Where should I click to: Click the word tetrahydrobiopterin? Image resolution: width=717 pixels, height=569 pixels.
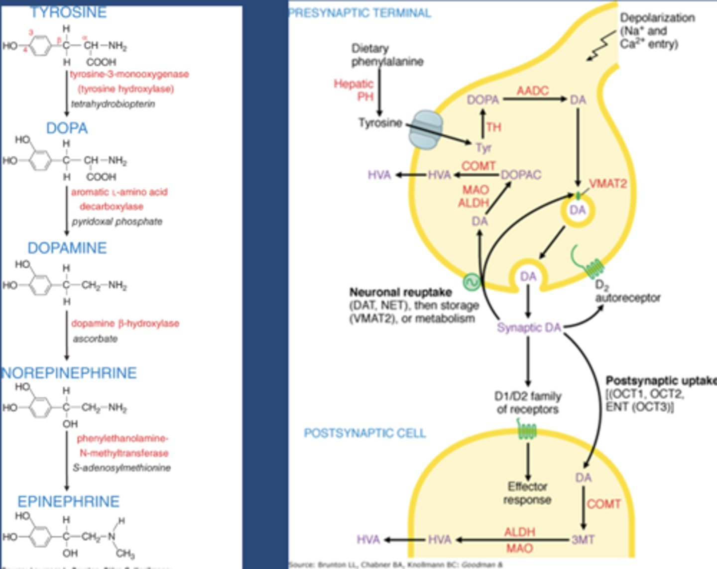113,104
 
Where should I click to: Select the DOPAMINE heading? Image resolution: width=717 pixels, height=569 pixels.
67,248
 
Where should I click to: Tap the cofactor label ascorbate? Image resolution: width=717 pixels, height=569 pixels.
95,339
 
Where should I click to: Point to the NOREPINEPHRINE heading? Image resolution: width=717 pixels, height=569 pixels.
69,373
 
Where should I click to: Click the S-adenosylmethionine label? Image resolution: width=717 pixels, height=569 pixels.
121,468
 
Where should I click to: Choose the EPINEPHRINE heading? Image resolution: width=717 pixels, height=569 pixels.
68,501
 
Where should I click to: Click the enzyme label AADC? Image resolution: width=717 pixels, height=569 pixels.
532,91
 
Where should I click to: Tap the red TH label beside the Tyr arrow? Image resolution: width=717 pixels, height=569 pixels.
493,127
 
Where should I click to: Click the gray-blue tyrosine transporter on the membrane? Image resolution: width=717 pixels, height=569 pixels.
425,129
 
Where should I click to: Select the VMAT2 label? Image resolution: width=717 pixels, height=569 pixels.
607,184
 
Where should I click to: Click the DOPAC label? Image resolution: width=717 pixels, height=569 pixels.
521,175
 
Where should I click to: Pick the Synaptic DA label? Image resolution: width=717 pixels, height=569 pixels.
529,328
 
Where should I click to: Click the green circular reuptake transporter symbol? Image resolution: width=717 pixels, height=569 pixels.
471,282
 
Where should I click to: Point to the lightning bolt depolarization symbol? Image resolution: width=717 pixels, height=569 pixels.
600,46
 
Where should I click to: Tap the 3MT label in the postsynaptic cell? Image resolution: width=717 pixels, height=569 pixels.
583,540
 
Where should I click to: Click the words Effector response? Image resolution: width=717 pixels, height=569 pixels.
527,493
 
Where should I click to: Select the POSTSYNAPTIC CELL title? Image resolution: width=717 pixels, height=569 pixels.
364,433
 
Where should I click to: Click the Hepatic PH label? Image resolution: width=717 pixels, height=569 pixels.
354,90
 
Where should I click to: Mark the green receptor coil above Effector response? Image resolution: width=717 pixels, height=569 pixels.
527,430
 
